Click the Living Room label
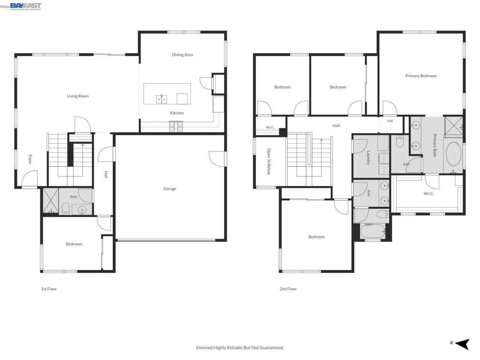click(78, 96)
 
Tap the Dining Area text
click(182, 55)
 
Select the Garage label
click(170, 189)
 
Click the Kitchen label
click(177, 113)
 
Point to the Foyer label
click(30, 159)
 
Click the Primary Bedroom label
click(421, 76)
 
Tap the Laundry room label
click(368, 157)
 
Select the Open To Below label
click(269, 162)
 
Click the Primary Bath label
click(435, 145)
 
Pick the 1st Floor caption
click(49, 289)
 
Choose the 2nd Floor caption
click(288, 289)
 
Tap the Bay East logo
click(26, 7)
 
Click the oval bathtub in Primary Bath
click(454, 154)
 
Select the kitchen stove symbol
click(176, 127)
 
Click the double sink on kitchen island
click(161, 99)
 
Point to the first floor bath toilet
click(66, 209)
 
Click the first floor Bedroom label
click(74, 244)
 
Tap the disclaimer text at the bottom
click(240, 348)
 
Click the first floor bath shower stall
click(51, 201)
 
